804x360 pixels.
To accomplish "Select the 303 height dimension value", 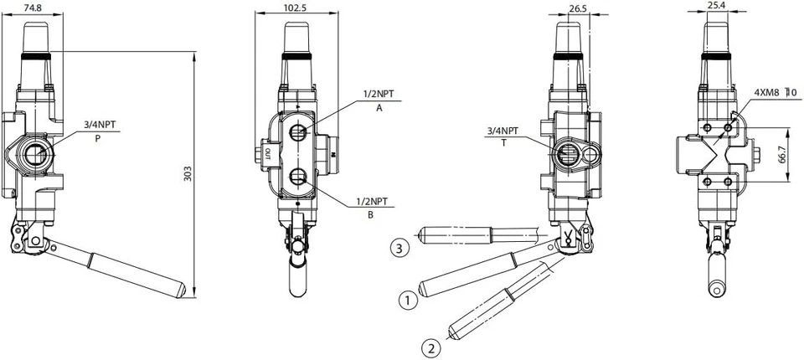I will pos(188,173).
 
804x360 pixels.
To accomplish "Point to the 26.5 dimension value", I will pos(576,8).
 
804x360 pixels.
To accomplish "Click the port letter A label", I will pos(379,108).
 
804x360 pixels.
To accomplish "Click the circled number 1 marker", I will pos(407,299).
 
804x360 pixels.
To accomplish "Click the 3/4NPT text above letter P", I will pos(100,125).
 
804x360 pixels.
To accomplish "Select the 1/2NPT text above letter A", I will pos(379,93).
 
